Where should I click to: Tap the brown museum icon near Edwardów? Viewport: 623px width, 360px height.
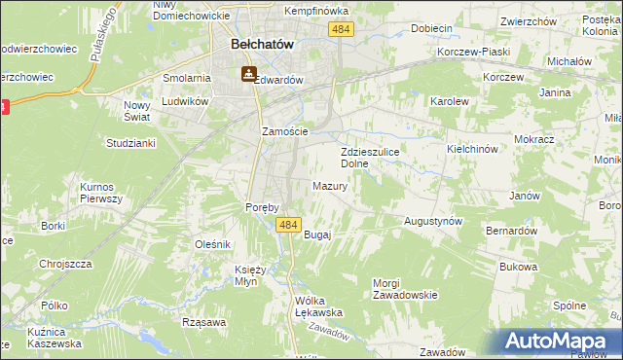248,73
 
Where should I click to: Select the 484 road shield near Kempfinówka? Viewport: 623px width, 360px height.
340,31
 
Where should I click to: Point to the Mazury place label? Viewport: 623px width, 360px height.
330,186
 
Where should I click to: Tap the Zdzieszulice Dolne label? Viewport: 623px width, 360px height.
370,159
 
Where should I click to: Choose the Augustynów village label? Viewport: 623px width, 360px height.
433,221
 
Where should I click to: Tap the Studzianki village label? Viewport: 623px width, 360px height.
130,143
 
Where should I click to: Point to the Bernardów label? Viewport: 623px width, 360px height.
512,231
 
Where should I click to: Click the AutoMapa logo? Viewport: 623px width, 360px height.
560,342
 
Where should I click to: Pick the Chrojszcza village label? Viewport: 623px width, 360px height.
65,263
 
